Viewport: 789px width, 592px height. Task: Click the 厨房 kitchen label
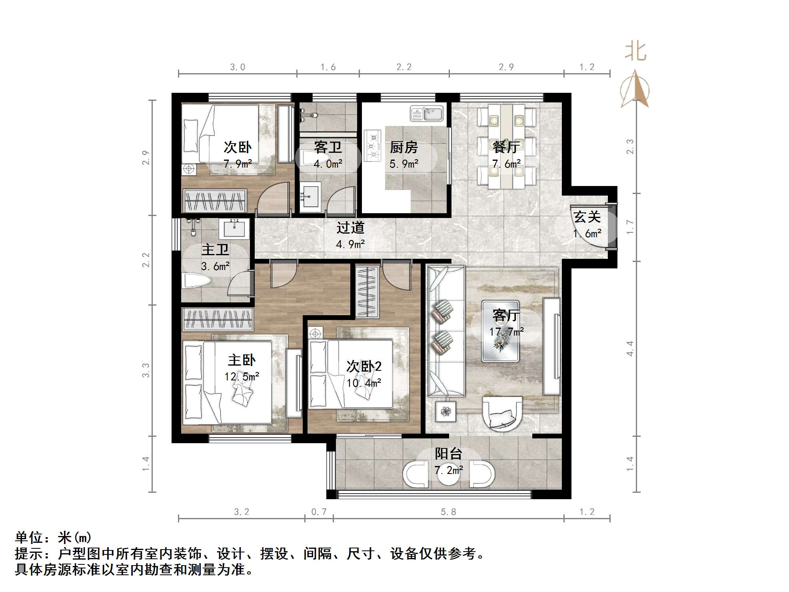coord(403,147)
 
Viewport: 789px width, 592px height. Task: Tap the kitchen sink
coord(427,114)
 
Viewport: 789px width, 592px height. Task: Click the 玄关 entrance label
coord(587,217)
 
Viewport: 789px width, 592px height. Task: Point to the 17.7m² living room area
coord(506,332)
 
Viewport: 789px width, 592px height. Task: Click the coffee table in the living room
coord(500,331)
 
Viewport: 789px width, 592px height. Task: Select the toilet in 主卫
coord(196,281)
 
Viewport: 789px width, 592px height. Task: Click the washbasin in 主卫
coord(234,229)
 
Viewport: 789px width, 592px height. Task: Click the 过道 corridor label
coord(350,228)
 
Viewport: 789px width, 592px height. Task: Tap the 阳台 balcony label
coord(448,454)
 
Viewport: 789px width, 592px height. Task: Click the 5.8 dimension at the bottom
coord(448,512)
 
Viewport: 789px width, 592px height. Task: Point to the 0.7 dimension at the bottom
coord(319,512)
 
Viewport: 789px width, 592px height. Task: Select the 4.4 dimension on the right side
coord(630,348)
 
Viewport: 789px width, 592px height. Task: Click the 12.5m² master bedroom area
coord(242,376)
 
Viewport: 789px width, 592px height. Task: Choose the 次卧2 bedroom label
coord(364,366)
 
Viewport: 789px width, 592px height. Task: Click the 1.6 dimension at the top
coord(328,67)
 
